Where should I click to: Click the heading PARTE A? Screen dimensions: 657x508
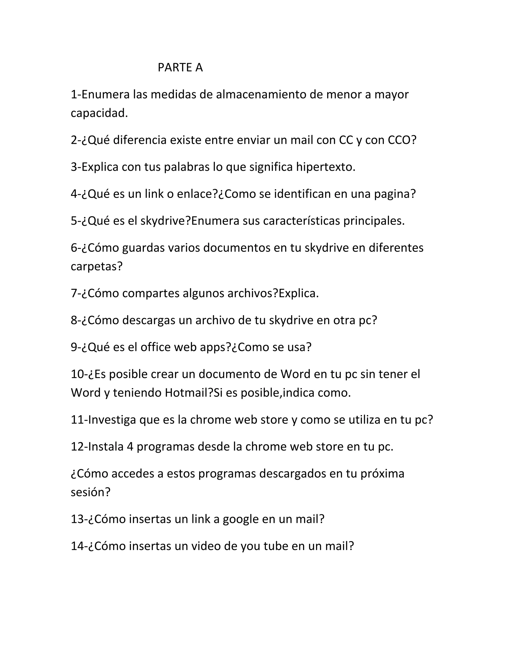(180, 67)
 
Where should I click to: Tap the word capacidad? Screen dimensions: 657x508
(99, 113)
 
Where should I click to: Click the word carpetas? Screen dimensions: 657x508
(96, 266)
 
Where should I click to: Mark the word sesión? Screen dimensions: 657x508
(90, 492)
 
